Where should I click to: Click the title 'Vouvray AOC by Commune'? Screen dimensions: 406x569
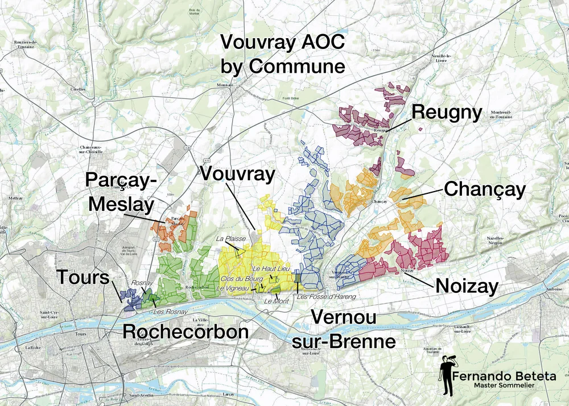pos(283,54)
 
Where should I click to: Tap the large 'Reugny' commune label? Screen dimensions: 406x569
pos(447,112)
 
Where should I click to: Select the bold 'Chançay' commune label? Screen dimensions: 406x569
pos(484,189)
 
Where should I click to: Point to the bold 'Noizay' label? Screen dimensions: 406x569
pos(467,285)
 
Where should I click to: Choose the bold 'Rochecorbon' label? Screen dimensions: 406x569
pos(185,332)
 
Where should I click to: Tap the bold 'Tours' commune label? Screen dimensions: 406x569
pos(83,278)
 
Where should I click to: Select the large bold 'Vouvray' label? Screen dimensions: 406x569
pos(238,174)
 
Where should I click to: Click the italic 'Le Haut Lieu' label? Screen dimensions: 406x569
pos(268,268)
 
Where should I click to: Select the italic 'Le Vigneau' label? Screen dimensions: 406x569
pos(233,289)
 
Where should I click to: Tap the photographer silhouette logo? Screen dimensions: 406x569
pos(447,376)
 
